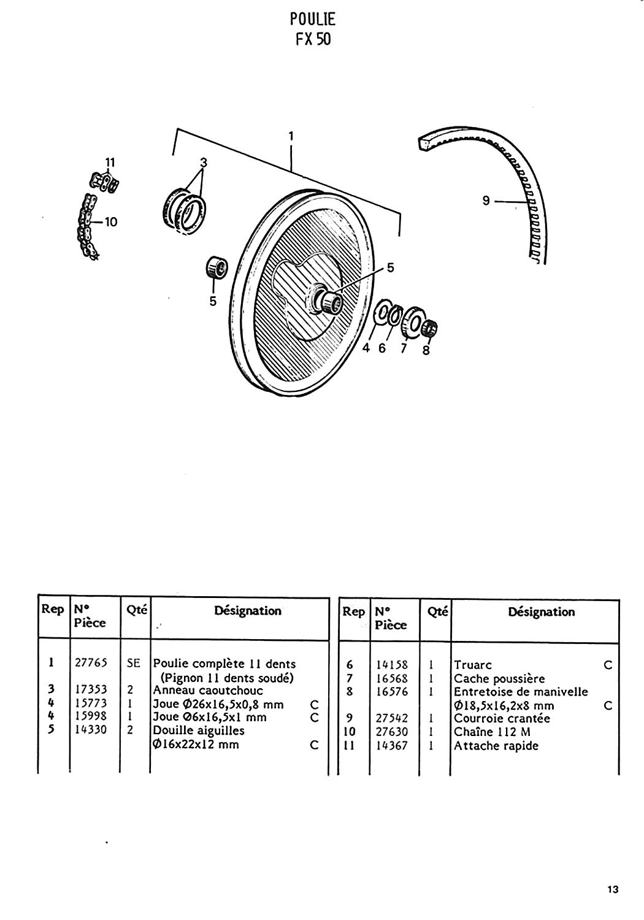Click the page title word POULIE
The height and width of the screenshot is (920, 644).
313,19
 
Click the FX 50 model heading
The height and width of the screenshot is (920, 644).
313,39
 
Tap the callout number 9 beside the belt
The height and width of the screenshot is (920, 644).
486,201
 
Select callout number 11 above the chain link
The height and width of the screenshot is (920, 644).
110,163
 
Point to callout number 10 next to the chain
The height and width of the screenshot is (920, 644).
111,222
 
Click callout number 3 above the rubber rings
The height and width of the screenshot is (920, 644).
203,163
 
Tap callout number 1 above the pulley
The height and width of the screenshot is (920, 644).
291,136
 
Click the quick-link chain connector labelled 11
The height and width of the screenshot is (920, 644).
105,182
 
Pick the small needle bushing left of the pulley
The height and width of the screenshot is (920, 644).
217,267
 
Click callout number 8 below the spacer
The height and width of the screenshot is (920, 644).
426,350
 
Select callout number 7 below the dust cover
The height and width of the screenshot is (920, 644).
404,348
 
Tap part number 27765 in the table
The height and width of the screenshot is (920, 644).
91,663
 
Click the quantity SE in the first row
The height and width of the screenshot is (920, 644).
134,663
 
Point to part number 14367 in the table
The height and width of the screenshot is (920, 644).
392,745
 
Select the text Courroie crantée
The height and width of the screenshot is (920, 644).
502,718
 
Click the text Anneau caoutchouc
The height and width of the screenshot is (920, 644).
208,691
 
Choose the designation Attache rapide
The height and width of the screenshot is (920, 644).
496,746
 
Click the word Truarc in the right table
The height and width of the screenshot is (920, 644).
473,665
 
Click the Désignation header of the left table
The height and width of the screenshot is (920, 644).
248,611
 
